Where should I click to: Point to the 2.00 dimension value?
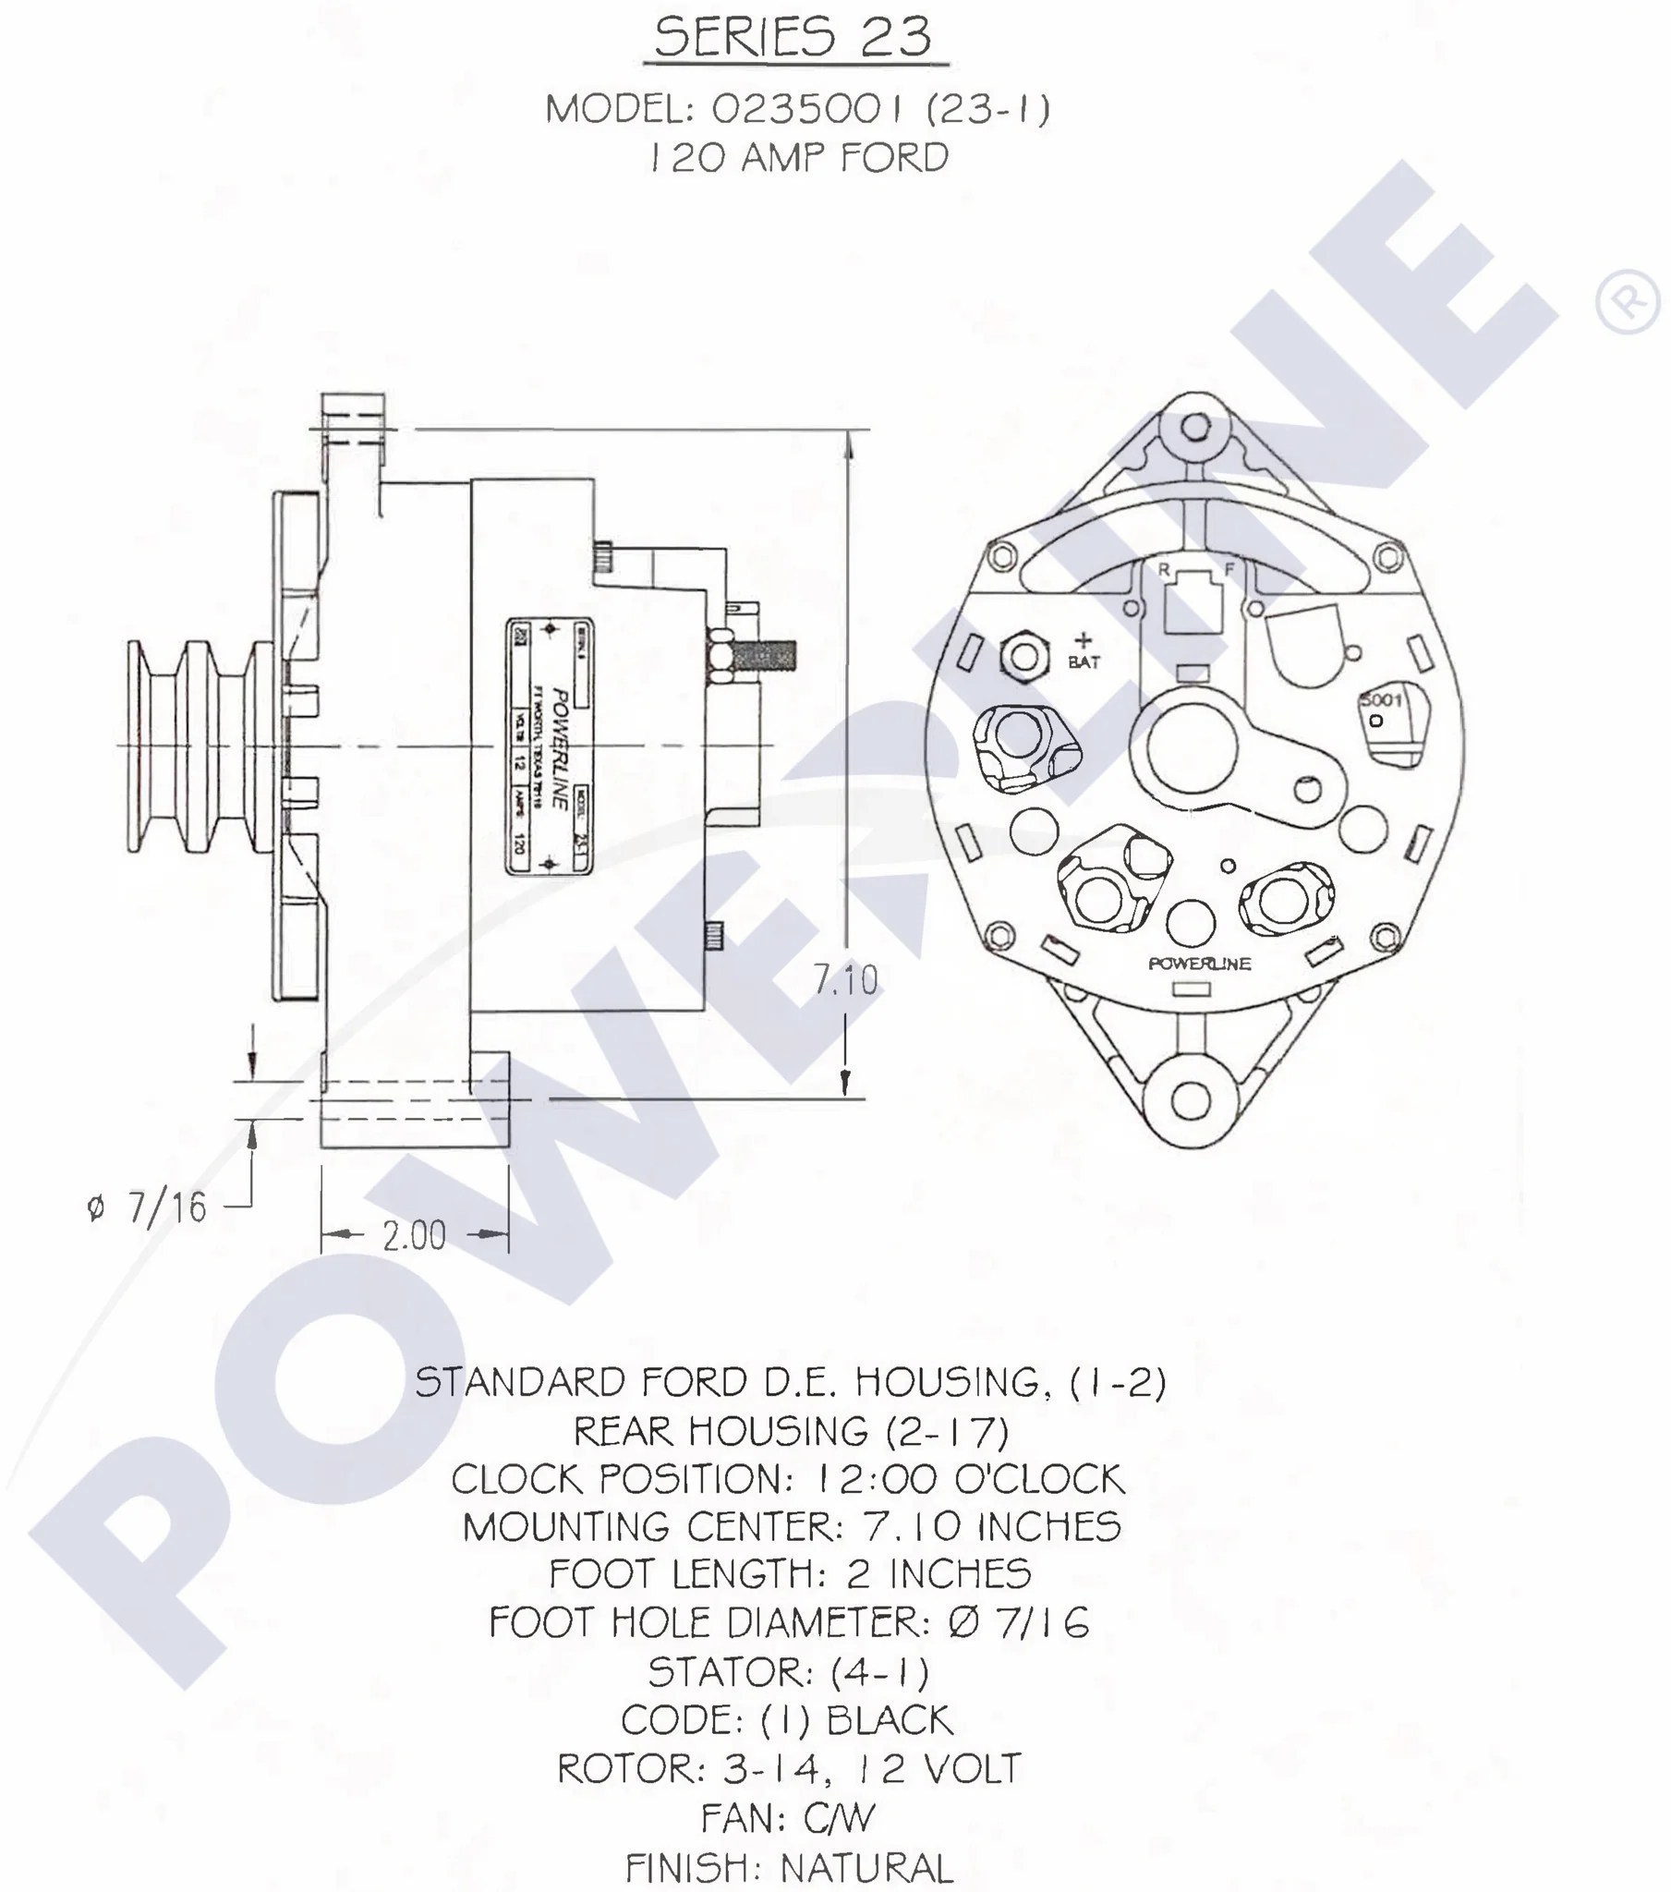414,1236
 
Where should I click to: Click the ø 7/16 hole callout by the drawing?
148,1208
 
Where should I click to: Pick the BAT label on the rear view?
1084,661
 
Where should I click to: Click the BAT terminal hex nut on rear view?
1023,656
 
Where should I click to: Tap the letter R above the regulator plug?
1164,569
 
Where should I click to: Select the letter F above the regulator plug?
1229,569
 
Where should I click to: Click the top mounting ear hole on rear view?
1196,428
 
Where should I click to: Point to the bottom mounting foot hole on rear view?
1192,1099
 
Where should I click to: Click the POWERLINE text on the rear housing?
1199,964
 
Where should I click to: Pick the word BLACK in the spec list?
889,1721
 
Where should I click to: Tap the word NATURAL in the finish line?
866,1868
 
